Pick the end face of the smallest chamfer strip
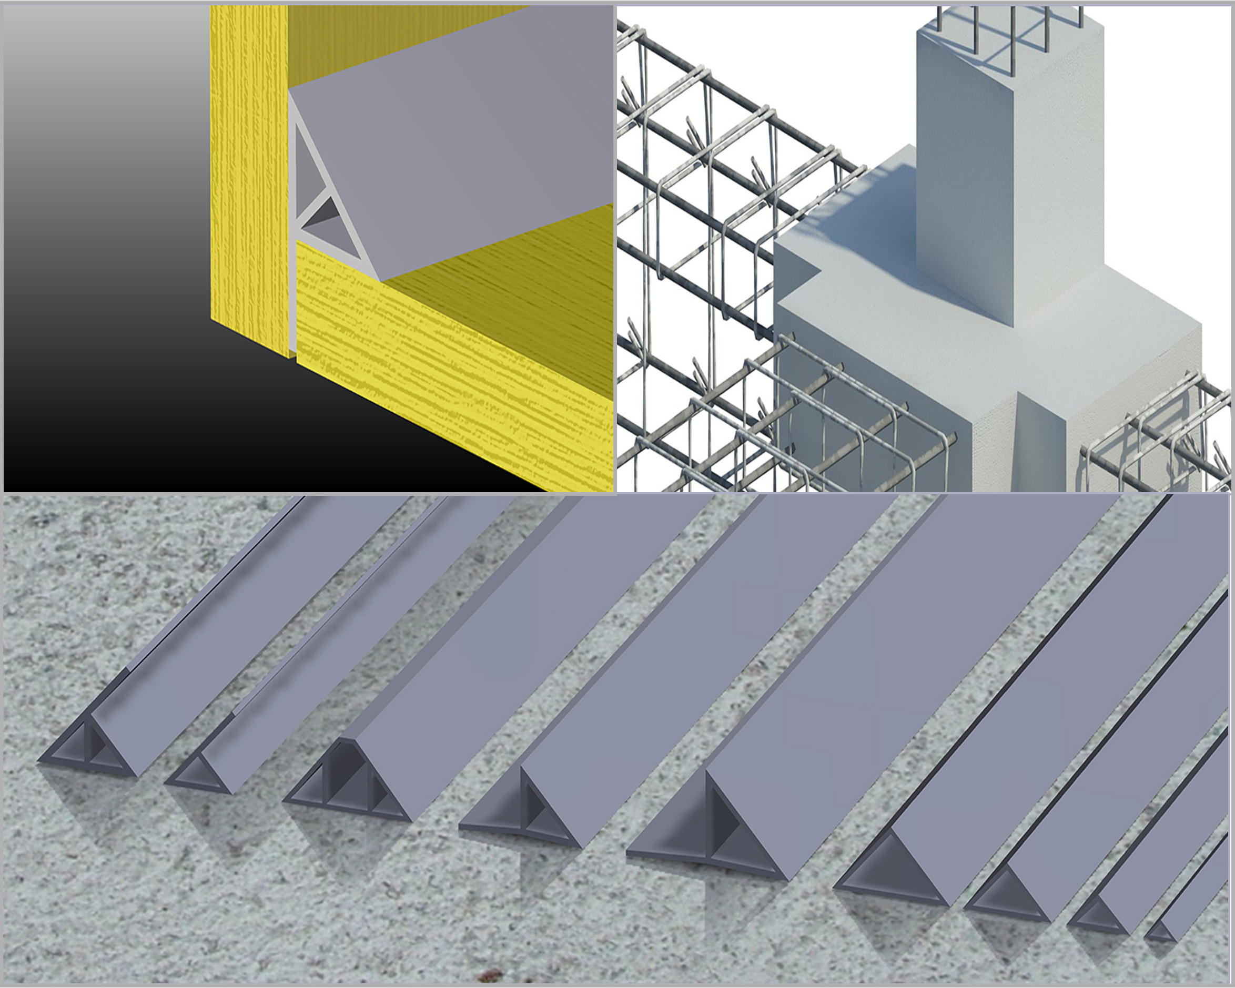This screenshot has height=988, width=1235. click(x=1160, y=934)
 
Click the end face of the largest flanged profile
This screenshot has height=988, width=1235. click(x=739, y=842)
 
